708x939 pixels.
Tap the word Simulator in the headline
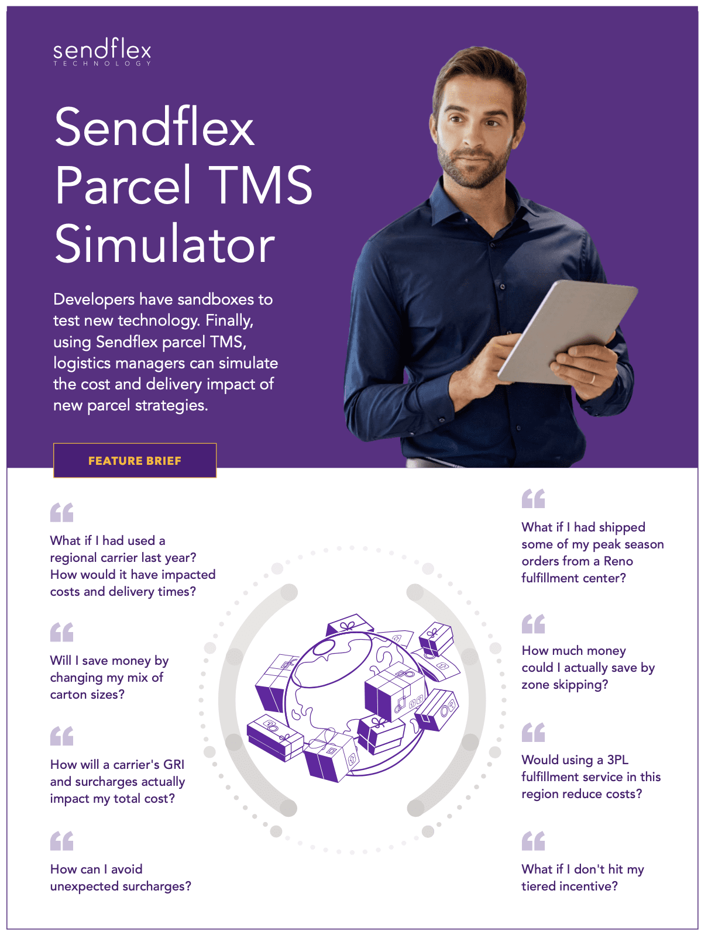click(165, 243)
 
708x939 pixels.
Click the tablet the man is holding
click(567, 332)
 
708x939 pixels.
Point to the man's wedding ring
click(592, 379)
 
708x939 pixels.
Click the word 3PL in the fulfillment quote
click(617, 760)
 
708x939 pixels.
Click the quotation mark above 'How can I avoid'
click(61, 841)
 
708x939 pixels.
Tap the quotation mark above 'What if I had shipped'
click(533, 498)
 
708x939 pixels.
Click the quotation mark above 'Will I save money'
click(61, 632)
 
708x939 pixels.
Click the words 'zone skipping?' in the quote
click(565, 685)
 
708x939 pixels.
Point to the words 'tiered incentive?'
click(569, 886)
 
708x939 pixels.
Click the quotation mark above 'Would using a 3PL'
click(533, 732)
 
